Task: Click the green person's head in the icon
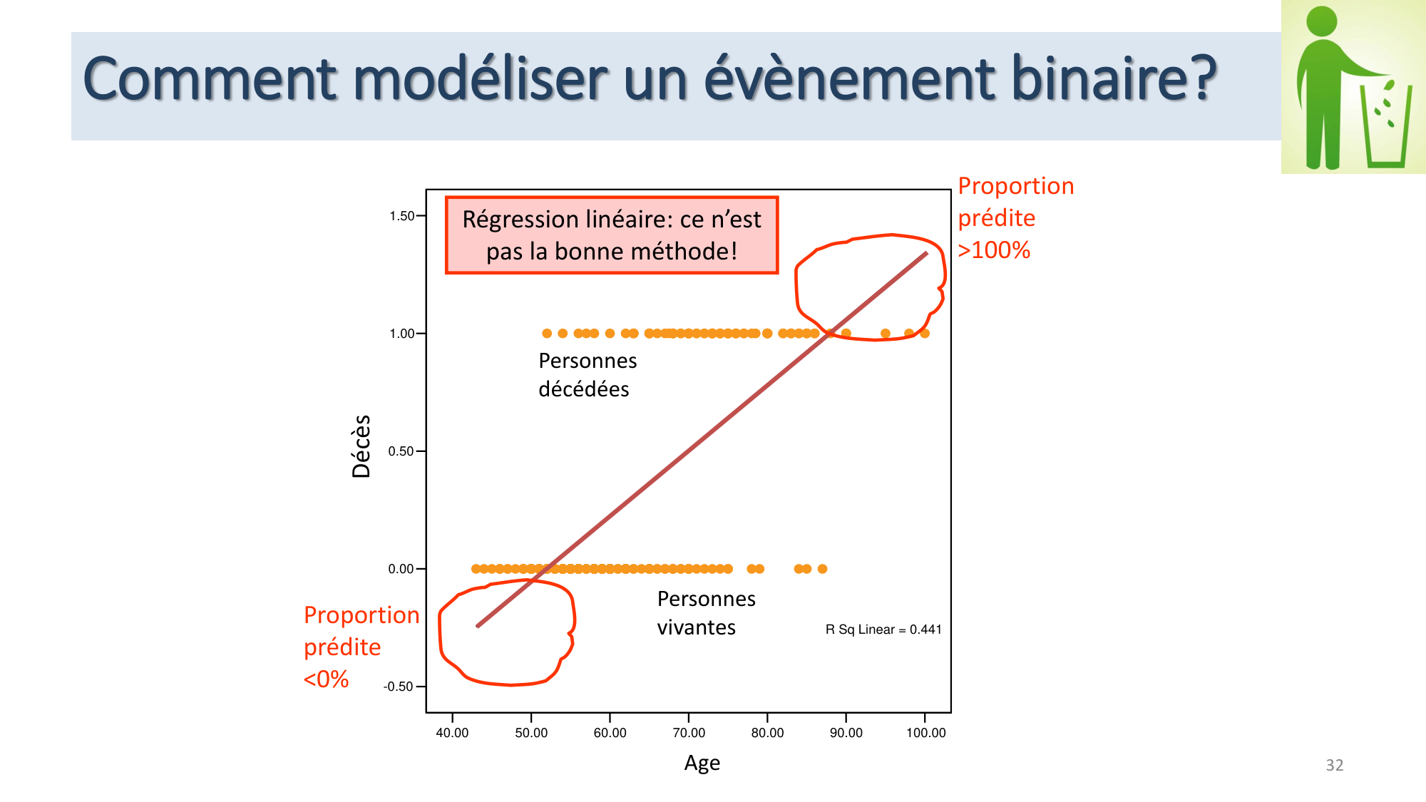point(1321,21)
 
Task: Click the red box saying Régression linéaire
point(611,235)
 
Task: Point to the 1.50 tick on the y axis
point(402,216)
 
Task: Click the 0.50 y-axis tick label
point(401,451)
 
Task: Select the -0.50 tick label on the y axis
point(399,687)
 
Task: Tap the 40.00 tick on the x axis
point(452,733)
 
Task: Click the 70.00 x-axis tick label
point(689,733)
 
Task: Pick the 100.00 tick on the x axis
point(925,733)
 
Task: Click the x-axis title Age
point(702,764)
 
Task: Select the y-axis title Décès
point(361,446)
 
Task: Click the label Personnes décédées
point(587,375)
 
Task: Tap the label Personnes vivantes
point(705,613)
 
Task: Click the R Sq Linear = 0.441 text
point(883,629)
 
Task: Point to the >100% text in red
point(994,250)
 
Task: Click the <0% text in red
point(326,679)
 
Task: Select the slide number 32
point(1334,765)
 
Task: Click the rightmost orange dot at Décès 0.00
point(822,569)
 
